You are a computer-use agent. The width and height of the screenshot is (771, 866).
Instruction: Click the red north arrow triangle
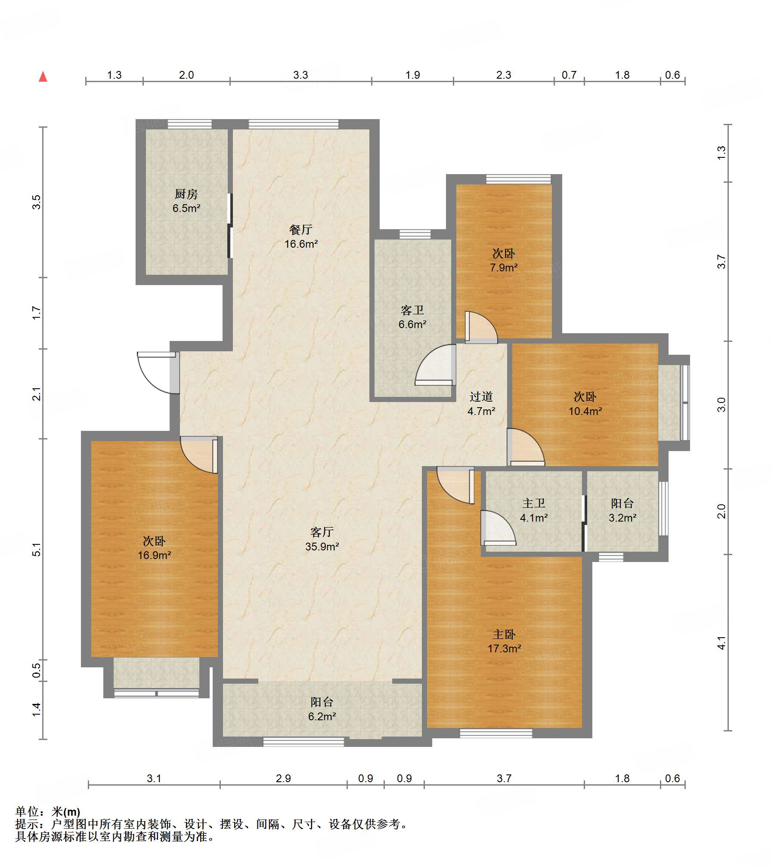click(43, 77)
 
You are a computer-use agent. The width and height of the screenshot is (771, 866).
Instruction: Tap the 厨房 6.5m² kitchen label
click(186, 201)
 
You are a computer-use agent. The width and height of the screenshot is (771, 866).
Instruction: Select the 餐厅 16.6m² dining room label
click(301, 237)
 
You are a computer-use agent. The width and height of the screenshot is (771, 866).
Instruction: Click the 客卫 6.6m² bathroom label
click(412, 317)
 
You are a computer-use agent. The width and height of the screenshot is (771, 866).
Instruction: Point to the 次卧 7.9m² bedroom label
click(504, 260)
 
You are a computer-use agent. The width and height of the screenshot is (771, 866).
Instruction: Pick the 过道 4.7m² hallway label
click(481, 404)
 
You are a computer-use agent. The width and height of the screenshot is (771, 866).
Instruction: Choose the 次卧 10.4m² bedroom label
click(585, 404)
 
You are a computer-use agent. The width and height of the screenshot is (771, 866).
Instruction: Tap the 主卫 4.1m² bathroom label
click(534, 510)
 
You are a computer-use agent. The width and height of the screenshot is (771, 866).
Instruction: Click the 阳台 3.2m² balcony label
click(622, 510)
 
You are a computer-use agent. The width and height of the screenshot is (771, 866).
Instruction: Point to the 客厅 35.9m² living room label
click(322, 539)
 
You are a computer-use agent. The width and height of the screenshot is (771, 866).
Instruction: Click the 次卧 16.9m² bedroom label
click(154, 548)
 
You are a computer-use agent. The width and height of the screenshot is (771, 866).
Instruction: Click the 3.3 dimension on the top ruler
click(300, 75)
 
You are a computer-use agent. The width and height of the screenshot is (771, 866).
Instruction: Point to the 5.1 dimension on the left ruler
click(37, 550)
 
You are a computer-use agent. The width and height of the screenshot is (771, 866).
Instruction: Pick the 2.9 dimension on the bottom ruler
click(283, 778)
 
